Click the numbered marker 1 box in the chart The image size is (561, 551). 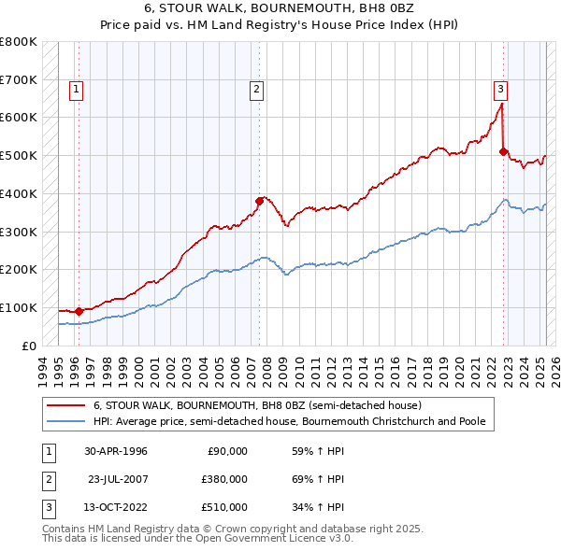[x=76, y=90]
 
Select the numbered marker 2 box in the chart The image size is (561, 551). [x=255, y=90]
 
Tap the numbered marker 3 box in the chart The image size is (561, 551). [x=501, y=90]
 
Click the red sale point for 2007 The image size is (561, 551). [x=259, y=200]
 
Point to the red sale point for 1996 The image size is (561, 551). [x=79, y=311]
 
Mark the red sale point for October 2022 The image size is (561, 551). [x=503, y=150]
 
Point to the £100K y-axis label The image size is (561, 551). [x=20, y=307]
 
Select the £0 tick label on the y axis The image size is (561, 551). [x=28, y=346]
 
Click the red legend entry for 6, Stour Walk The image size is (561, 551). [x=258, y=405]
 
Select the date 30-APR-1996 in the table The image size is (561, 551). [x=116, y=451]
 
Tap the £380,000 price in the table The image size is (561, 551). [x=224, y=479]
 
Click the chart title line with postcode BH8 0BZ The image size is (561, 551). [x=280, y=7]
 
